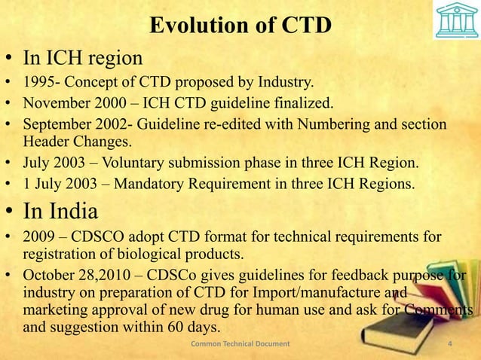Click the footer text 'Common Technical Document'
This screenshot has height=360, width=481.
click(x=240, y=345)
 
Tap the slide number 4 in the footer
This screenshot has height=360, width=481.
click(x=449, y=345)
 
